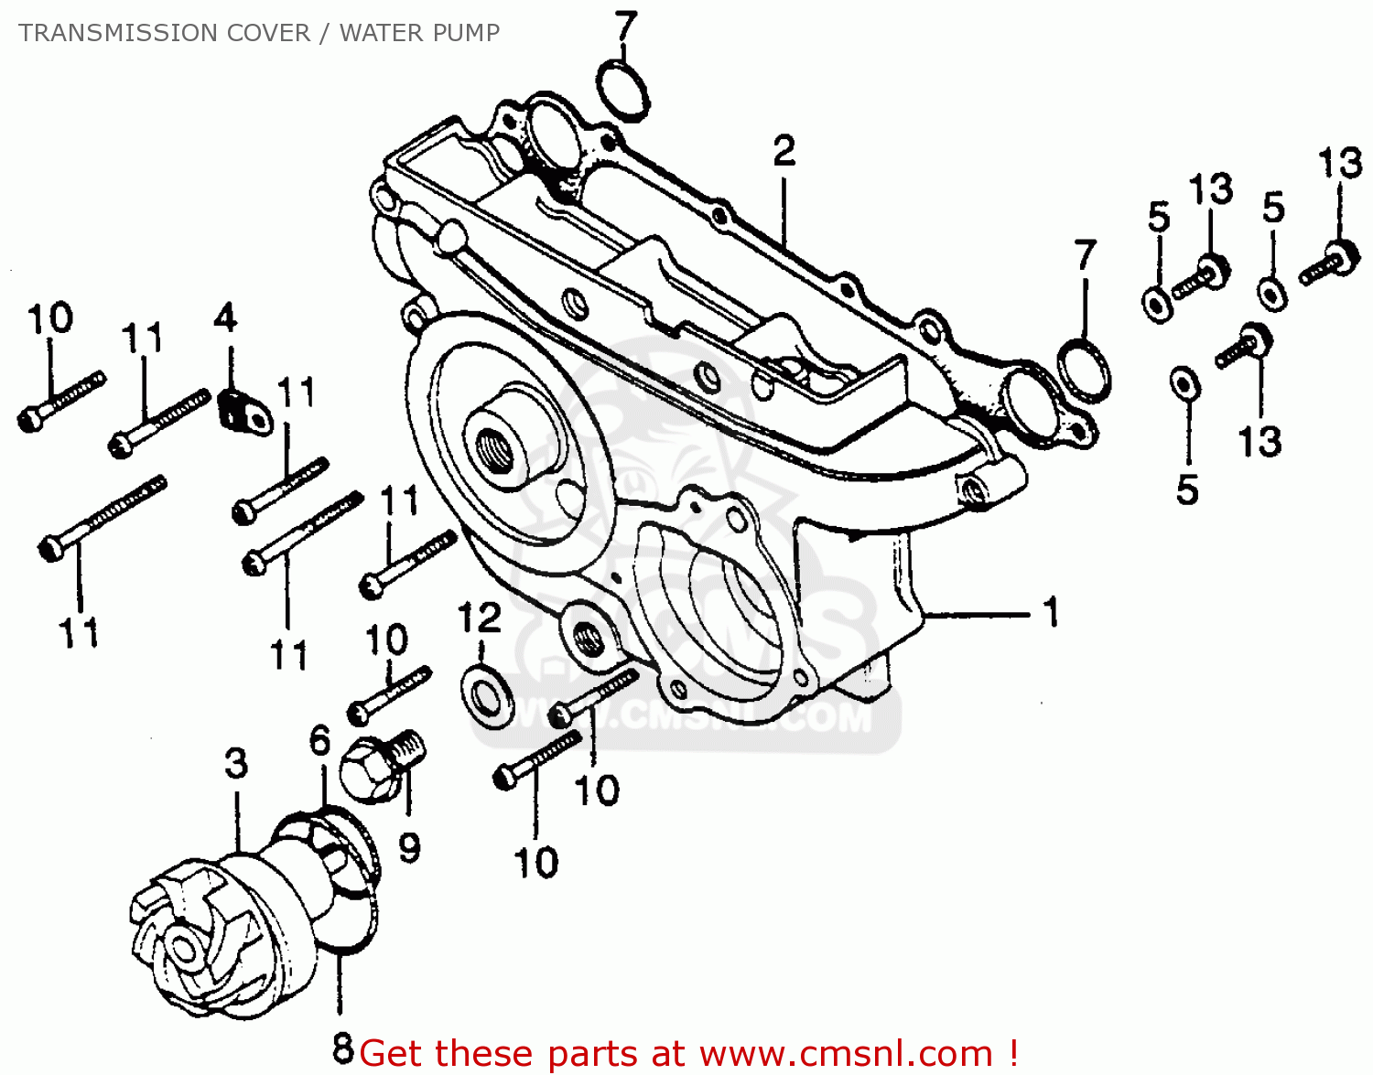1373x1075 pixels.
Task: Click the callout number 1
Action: (1051, 612)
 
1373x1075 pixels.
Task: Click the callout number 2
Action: (784, 151)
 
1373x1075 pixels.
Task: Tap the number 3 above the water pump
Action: (236, 763)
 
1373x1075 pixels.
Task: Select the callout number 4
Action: (225, 318)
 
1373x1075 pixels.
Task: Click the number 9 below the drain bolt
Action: (409, 848)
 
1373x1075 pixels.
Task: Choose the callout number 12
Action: (480, 618)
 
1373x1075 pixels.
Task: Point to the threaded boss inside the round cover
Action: (499, 444)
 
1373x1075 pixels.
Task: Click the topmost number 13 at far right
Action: (1340, 165)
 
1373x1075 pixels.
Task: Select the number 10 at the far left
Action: (49, 319)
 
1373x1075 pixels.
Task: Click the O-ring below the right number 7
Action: (1084, 370)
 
